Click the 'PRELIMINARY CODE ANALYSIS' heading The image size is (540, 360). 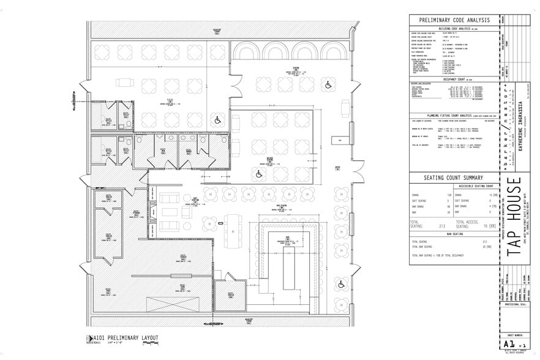pos(454,20)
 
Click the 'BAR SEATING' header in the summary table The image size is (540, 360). pos(453,234)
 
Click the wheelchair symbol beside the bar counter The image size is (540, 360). pos(341,283)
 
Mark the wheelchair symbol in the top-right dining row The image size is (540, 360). pos(328,84)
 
